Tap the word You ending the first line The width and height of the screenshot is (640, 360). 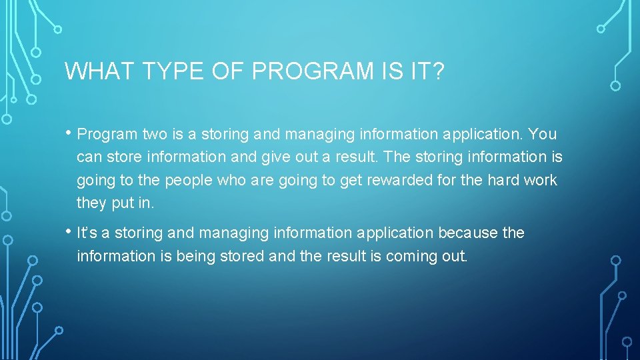tap(542, 135)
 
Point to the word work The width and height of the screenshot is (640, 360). tap(541, 181)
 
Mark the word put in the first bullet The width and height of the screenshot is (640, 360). tap(123, 203)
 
